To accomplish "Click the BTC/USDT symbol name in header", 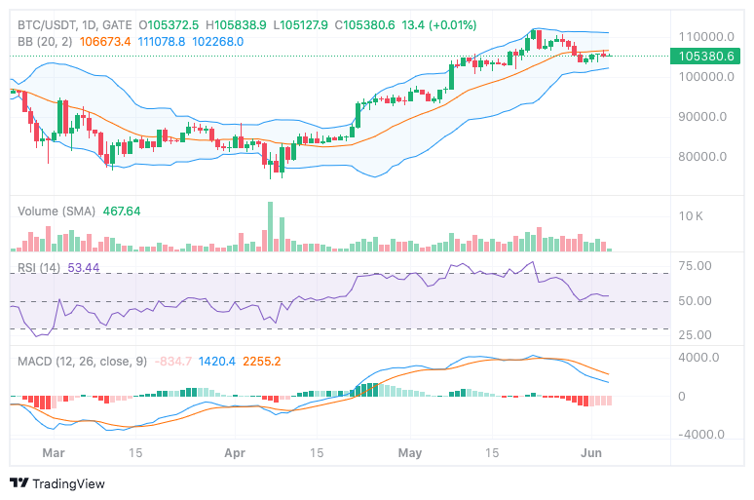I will tap(47, 24).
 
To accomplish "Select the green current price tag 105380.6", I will tap(705, 57).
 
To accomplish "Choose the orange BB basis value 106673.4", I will tap(105, 42).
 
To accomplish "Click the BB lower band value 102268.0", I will tap(218, 42).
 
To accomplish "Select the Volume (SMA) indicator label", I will tap(57, 211).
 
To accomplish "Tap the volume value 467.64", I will tap(122, 211).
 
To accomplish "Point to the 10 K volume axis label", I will tap(692, 215).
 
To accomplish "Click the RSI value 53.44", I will tap(84, 268).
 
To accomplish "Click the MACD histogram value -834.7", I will tap(173, 362).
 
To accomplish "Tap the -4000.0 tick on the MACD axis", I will tap(699, 436).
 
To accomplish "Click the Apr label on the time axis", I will tap(234, 453).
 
